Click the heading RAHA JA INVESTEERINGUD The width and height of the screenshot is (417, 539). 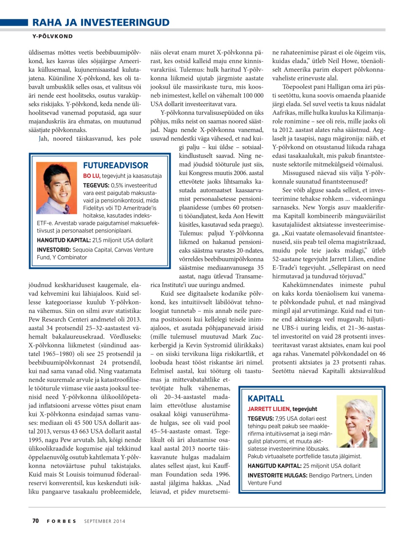[101, 22]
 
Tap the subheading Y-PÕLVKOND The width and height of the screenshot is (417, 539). [53, 37]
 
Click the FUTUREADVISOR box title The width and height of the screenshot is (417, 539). [115, 165]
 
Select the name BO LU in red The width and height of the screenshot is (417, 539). [91, 176]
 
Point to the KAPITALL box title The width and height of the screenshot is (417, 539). [266, 398]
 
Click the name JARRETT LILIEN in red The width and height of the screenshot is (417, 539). [269, 409]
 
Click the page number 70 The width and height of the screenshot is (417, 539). [35, 521]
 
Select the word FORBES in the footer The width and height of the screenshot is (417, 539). [61, 521]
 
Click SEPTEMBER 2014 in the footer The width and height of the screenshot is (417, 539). [105, 521]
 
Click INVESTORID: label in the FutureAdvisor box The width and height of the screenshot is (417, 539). [54, 250]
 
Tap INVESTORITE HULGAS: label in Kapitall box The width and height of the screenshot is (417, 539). [277, 475]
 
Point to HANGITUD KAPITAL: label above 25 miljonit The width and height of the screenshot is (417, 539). [274, 466]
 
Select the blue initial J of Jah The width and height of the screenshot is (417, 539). [40, 139]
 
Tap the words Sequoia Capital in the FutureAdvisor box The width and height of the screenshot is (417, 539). [92, 250]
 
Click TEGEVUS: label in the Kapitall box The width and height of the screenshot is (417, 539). [261, 419]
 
